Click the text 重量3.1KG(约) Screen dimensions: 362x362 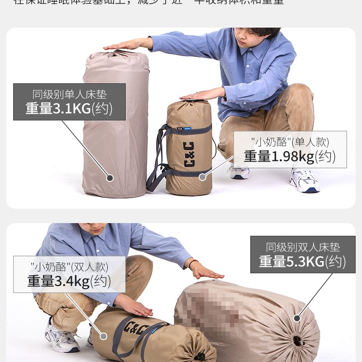(x=69, y=109)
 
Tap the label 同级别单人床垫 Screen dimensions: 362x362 (x=69, y=95)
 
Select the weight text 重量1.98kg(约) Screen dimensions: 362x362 (x=290, y=156)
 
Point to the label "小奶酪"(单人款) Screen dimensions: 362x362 (x=290, y=142)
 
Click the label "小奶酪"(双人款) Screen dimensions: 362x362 (x=69, y=267)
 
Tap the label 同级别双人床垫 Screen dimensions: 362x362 (x=303, y=247)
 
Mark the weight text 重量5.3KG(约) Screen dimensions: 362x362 (x=303, y=262)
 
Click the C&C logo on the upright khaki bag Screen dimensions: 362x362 (x=189, y=154)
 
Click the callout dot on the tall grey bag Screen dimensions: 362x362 (x=110, y=178)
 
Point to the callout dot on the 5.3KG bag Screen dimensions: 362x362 (x=297, y=318)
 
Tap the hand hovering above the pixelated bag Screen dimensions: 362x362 (x=206, y=272)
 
